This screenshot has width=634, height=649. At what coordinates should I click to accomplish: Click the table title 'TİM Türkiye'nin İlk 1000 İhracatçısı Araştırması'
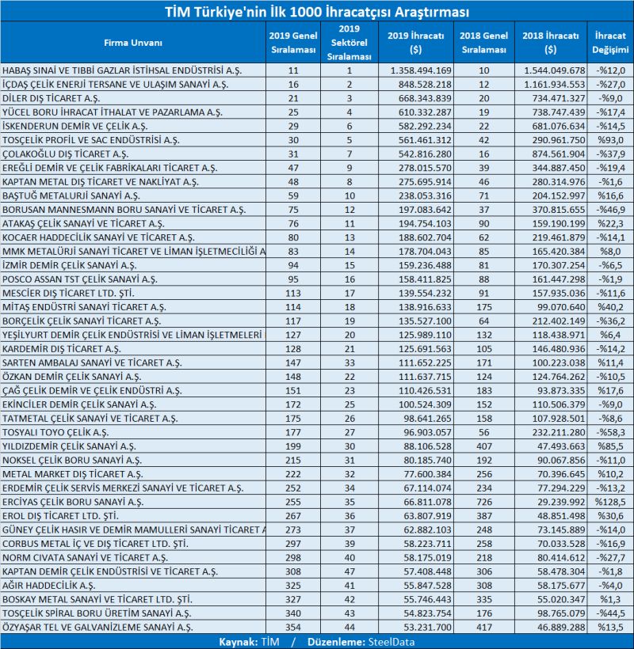coord(316,12)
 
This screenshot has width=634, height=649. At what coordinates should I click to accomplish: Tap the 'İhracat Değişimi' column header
coord(609,42)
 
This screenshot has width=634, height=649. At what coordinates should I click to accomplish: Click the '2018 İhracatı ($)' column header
coord(552,42)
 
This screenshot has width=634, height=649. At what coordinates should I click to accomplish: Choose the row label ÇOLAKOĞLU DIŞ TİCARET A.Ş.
coord(63,153)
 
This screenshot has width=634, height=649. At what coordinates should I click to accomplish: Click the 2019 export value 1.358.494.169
coord(419,70)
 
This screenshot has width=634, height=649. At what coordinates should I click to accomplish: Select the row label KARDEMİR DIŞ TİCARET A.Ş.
coord(62,348)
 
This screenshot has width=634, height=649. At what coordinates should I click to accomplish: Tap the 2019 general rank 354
coord(294,627)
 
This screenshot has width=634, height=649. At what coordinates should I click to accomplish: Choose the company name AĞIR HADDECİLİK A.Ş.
coord(49,585)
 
